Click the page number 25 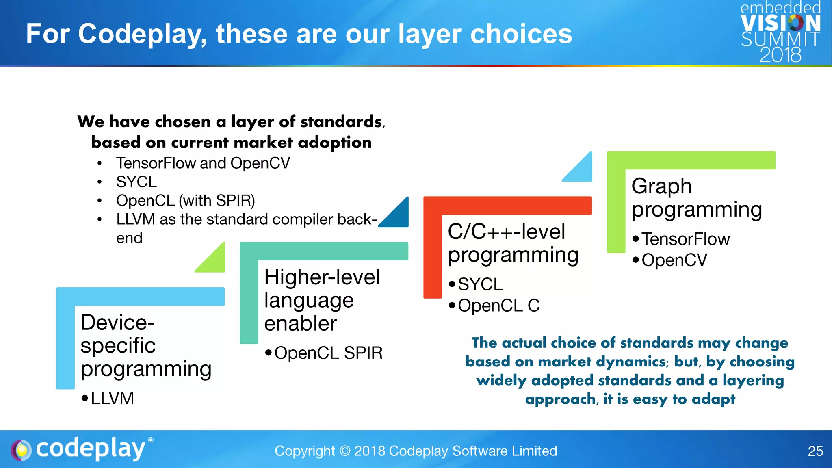coord(815,451)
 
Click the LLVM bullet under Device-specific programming coord(112,398)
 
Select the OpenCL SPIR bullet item coord(328,353)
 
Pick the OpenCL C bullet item coord(499,305)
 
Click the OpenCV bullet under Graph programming coord(674,260)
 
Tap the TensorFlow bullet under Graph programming coord(686,239)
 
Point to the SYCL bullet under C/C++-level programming coord(480,284)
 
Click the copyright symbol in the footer coord(344,451)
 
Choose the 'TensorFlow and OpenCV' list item coord(203,163)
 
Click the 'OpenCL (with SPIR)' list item coord(186,201)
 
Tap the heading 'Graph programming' coord(696,198)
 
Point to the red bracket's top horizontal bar coord(508,206)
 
